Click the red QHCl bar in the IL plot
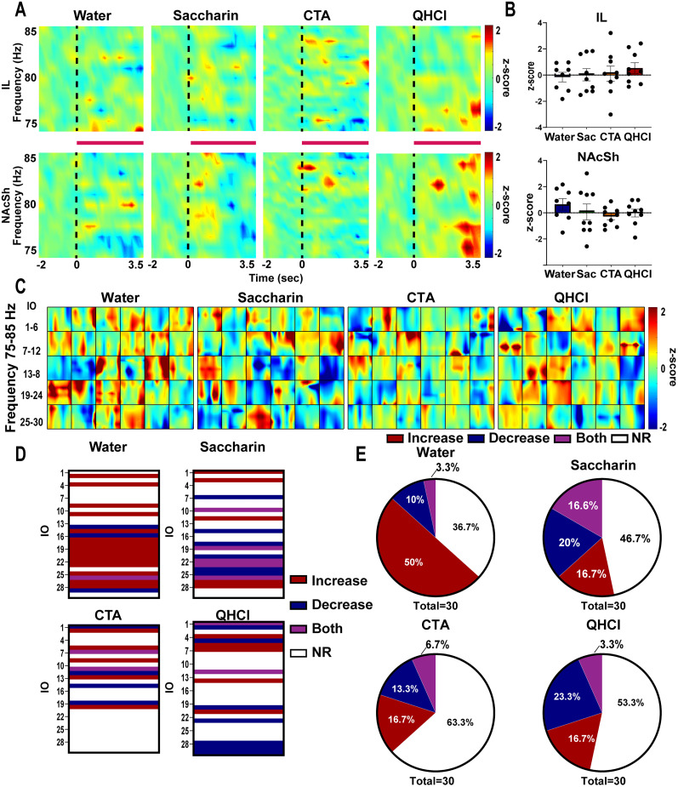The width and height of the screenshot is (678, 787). click(635, 71)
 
